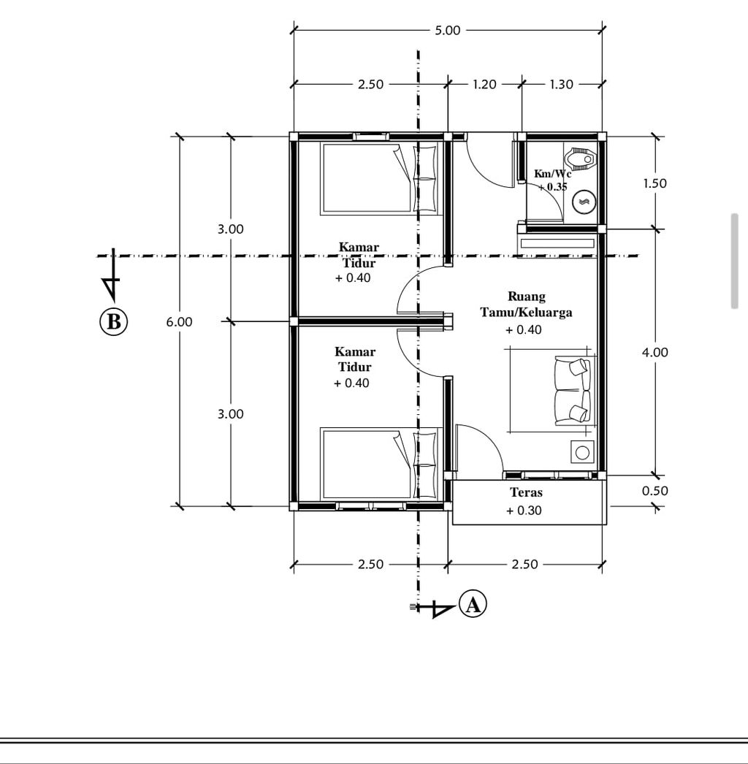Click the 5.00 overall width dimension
pos(447,30)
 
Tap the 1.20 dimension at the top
pos(484,84)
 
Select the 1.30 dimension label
pos(562,84)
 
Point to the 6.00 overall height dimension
pos(179,321)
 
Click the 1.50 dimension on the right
pos(655,183)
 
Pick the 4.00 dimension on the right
pos(655,352)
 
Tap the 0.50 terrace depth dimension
pos(655,491)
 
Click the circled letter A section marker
pos(473,605)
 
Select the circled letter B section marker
pos(113,321)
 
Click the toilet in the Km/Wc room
pos(581,158)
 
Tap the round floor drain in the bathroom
pos(584,202)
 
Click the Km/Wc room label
pos(552,173)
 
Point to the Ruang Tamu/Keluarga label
pos(526,304)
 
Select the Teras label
pos(526,492)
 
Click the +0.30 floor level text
pos(524,510)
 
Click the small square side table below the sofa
pos(582,452)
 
